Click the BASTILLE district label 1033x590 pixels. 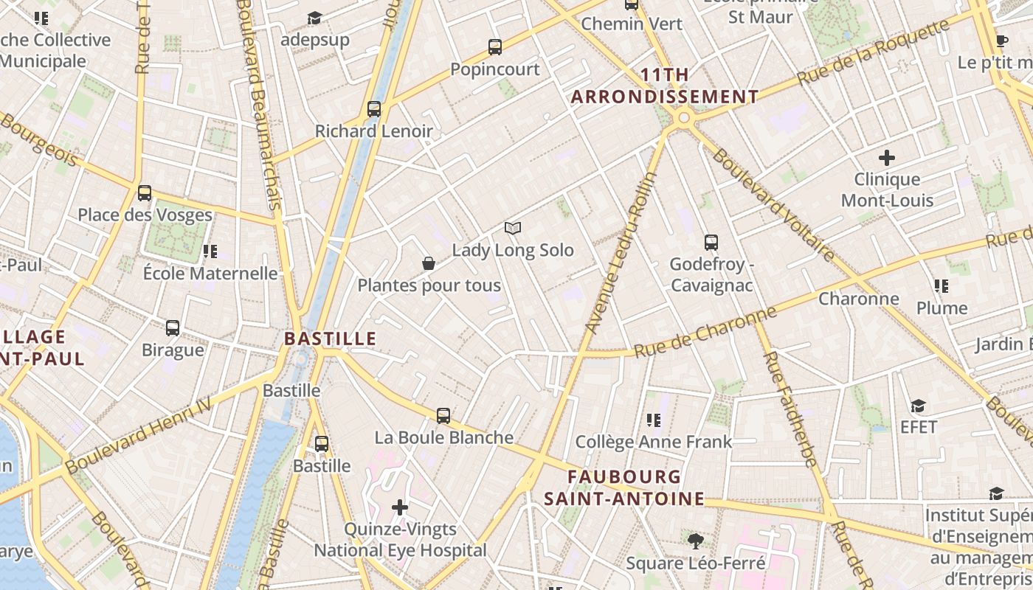point(331,339)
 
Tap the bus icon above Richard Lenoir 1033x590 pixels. point(374,109)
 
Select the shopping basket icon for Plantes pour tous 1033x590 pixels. point(428,263)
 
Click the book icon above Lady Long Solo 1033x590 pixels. point(513,229)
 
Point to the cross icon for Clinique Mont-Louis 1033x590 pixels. point(887,157)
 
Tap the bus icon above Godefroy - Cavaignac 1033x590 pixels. point(711,242)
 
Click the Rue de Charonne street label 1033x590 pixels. point(705,332)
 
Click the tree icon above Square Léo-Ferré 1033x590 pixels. point(695,541)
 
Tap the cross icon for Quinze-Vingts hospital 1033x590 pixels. point(400,507)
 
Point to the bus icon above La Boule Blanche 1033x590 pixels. point(443,415)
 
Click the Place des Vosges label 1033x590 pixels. point(145,215)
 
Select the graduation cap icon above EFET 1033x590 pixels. point(918,406)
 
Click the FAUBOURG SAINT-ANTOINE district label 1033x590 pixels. point(624,487)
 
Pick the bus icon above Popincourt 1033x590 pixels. point(495,47)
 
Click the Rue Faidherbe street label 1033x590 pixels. point(790,409)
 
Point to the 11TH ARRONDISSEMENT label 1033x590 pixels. point(665,86)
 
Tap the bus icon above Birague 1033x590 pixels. point(173,327)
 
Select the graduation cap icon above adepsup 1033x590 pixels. point(315,18)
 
